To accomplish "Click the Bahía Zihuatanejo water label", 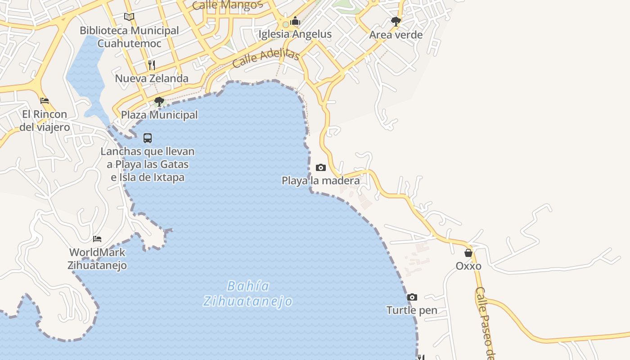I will click(248, 293).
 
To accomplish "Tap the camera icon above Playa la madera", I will click(321, 168).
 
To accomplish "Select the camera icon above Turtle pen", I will click(412, 297).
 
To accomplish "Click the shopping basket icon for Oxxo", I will click(468, 253).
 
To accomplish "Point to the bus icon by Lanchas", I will click(148, 138).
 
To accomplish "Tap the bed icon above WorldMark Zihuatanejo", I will click(97, 239).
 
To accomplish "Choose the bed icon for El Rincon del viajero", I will click(45, 101).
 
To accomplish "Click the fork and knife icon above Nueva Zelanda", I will click(152, 65).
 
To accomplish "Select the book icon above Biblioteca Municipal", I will click(129, 17).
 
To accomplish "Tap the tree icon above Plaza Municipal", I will click(159, 102).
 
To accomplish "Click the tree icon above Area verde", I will click(396, 21).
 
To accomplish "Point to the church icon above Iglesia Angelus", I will click(295, 21).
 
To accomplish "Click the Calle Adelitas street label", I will click(266, 58).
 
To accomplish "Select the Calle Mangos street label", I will click(227, 5).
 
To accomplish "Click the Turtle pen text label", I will click(412, 310).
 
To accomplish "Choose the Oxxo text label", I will click(468, 266).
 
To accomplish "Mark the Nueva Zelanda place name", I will click(152, 79).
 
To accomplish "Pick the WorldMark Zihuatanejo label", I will click(97, 259).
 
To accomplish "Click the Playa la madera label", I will click(320, 181).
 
